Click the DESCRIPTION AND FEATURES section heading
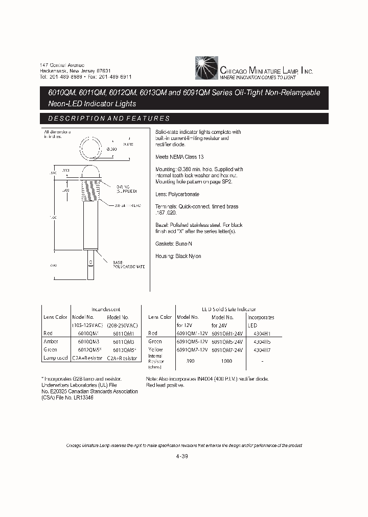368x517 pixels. [x=109, y=119]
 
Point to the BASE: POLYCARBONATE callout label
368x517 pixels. [x=128, y=264]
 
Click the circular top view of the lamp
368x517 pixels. [x=91, y=149]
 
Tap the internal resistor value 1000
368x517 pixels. [x=227, y=361]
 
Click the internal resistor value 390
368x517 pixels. [x=191, y=361]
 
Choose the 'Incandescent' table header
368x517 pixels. [x=106, y=309]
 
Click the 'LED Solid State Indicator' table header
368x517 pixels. [x=228, y=309]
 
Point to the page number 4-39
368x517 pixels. [x=182, y=457]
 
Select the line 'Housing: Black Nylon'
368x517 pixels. [x=178, y=256]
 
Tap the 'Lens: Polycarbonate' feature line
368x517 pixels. [x=177, y=194]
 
